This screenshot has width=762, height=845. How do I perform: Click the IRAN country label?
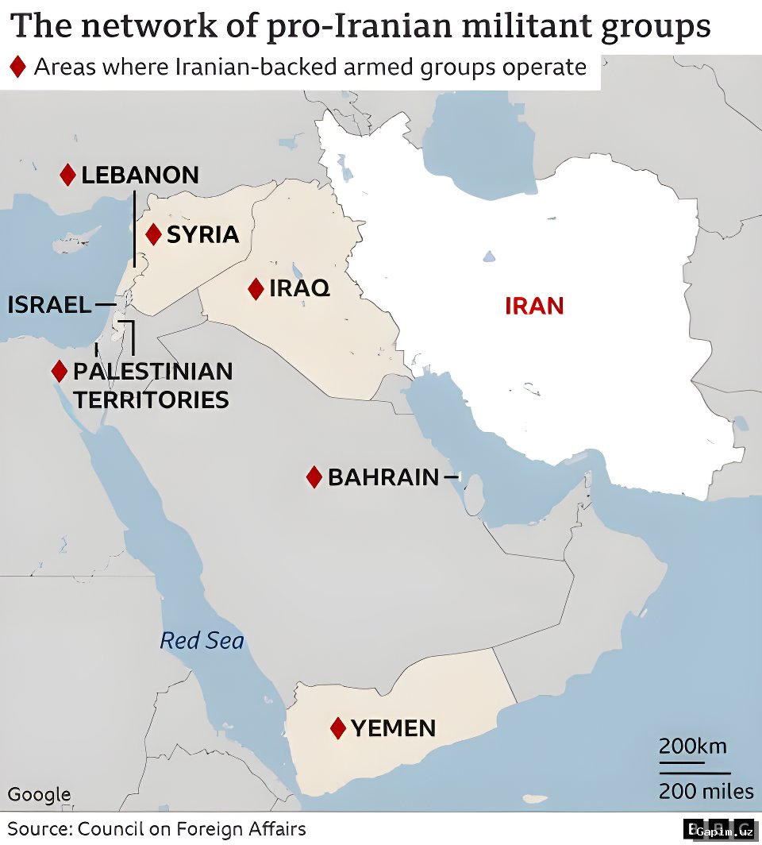(534, 306)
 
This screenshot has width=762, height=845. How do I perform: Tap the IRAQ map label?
(299, 288)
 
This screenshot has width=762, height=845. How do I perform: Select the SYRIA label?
(202, 234)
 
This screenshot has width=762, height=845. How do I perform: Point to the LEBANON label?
(140, 175)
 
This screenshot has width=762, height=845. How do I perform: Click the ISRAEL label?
(49, 304)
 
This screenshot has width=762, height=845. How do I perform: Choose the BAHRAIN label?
(383, 477)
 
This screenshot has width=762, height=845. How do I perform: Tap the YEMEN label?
(393, 727)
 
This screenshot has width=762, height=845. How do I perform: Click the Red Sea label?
(202, 640)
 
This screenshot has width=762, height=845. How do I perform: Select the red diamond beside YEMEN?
(338, 727)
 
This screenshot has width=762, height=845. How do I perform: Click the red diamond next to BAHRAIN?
(314, 477)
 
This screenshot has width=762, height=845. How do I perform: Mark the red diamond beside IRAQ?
(256, 289)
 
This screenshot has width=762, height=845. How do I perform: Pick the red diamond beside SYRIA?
(154, 234)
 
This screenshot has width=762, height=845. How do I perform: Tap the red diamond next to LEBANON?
(67, 175)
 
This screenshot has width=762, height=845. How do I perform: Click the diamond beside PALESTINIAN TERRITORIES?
(59, 371)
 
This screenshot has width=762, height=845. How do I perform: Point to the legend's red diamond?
(17, 67)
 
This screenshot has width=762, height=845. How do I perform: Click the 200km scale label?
(692, 747)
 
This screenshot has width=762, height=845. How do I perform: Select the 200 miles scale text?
(706, 791)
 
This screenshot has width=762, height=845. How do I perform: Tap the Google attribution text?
(39, 794)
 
